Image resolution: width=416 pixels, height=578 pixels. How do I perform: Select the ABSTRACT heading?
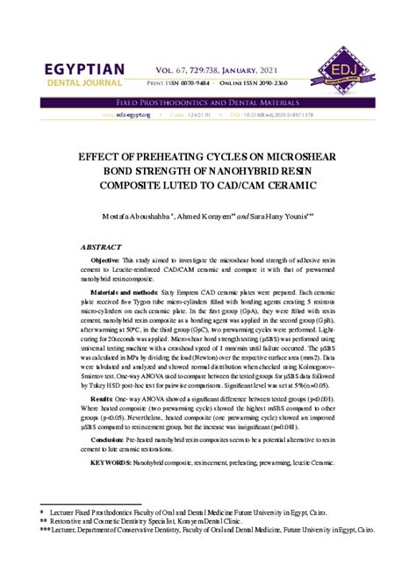pos(102,248)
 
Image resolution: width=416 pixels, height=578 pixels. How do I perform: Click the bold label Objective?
pos(106,262)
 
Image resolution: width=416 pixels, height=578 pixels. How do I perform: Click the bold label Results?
pos(102,398)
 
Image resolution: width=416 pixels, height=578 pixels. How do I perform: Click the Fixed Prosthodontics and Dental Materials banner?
pos(207,103)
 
